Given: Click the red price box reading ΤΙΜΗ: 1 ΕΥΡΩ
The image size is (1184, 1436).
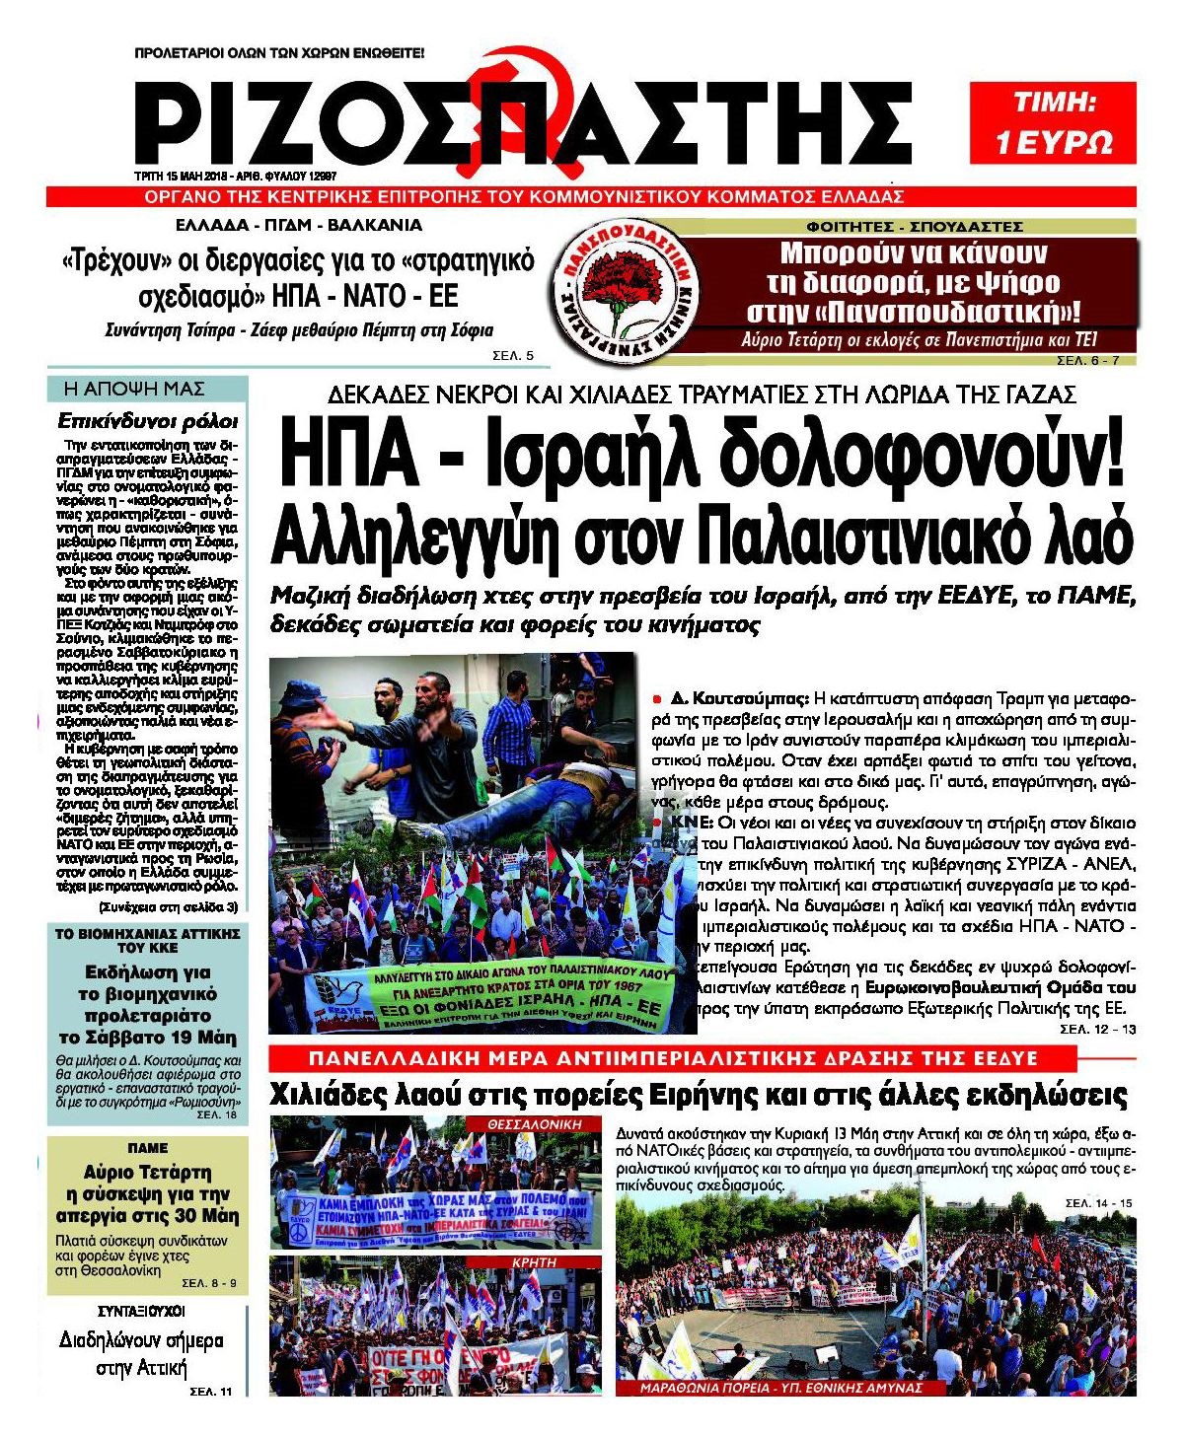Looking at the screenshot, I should coord(1054,123).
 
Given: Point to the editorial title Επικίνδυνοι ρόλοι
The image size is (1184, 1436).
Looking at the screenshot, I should coord(148,421).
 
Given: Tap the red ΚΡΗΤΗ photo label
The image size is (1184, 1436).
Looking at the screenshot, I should coord(534,1261).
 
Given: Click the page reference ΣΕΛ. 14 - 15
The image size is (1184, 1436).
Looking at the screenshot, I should coord(1099,1203).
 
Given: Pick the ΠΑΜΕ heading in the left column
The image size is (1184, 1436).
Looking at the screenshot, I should coord(148,1148).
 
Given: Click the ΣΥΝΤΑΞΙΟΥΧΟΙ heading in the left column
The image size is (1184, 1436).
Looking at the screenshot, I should coord(142,1312).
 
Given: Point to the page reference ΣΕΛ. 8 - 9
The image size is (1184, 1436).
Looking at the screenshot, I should coord(209,1283).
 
